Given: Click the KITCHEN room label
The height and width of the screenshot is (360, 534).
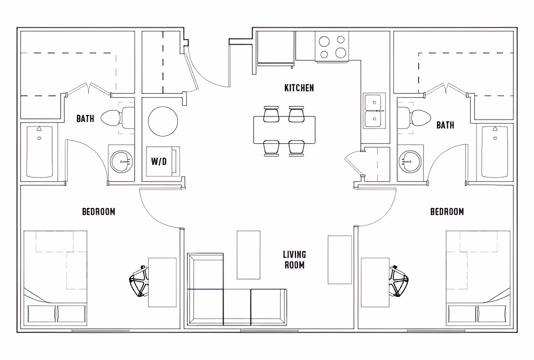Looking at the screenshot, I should tap(299, 88).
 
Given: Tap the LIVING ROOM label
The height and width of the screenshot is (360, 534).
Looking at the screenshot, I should tap(295, 260).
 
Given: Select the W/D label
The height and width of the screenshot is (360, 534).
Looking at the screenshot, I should tap(159, 162).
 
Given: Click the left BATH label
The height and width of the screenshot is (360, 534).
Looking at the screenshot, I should tap(85, 119).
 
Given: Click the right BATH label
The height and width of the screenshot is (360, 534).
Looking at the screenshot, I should tap(445, 125).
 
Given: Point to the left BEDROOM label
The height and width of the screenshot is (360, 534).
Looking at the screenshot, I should tap(98, 212).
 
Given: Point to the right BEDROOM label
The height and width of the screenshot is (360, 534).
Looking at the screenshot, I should tap(447, 212).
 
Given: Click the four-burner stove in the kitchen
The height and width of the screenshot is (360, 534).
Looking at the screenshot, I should tap(332, 47).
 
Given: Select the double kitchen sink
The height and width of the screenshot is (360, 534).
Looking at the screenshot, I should tap(374, 110).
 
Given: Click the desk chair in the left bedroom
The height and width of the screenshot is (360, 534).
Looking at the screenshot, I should tap(139, 282).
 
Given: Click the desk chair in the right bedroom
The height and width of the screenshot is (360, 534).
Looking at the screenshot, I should tap(398, 281).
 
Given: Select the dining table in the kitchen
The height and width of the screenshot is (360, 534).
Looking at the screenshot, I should tap(284, 130).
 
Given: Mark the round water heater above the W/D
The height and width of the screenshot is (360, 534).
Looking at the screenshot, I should tap(163, 121).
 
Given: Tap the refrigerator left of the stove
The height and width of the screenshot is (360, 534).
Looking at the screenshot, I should tap(275, 48).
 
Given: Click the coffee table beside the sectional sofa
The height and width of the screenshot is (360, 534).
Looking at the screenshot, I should tap(248, 255).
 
